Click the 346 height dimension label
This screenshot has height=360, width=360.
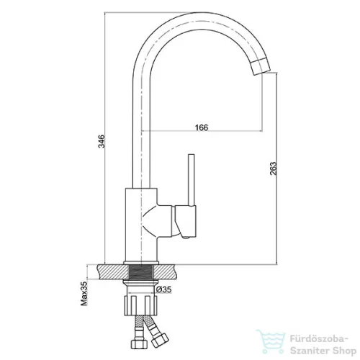coord(102,141)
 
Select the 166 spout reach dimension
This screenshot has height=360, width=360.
coord(202,127)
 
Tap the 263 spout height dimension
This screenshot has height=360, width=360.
coord(274,168)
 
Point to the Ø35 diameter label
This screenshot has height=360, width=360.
coord(164,289)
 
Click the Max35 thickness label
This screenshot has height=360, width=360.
coord(84,294)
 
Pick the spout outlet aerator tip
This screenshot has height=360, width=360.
coord(261,66)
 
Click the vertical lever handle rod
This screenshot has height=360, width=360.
coord(192,180)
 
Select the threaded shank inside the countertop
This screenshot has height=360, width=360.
coord(141,272)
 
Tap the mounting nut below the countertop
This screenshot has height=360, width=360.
coord(141,305)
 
